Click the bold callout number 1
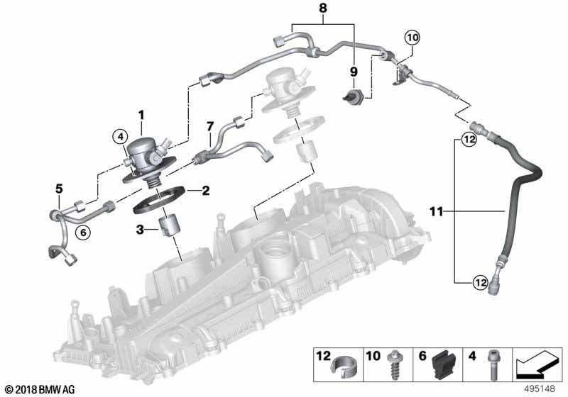141,114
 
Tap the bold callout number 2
206,191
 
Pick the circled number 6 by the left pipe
83,231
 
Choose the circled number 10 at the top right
413,36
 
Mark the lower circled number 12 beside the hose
479,283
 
